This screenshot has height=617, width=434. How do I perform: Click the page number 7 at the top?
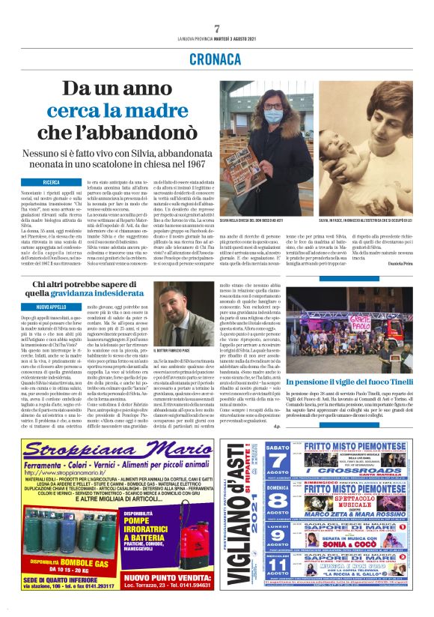(x=217, y=28)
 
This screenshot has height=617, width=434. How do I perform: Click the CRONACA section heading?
(x=216, y=58)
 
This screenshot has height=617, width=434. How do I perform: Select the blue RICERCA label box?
(x=52, y=182)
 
